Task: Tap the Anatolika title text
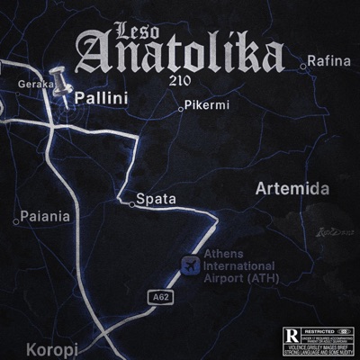pos(179,56)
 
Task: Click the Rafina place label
pos(328,61)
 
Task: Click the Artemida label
pos(292,189)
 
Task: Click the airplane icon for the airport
pos(189,265)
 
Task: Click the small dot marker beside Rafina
pos(303,64)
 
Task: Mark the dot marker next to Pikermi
pos(183,108)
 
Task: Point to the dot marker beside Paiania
pos(16,220)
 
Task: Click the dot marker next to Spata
pos(132,204)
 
